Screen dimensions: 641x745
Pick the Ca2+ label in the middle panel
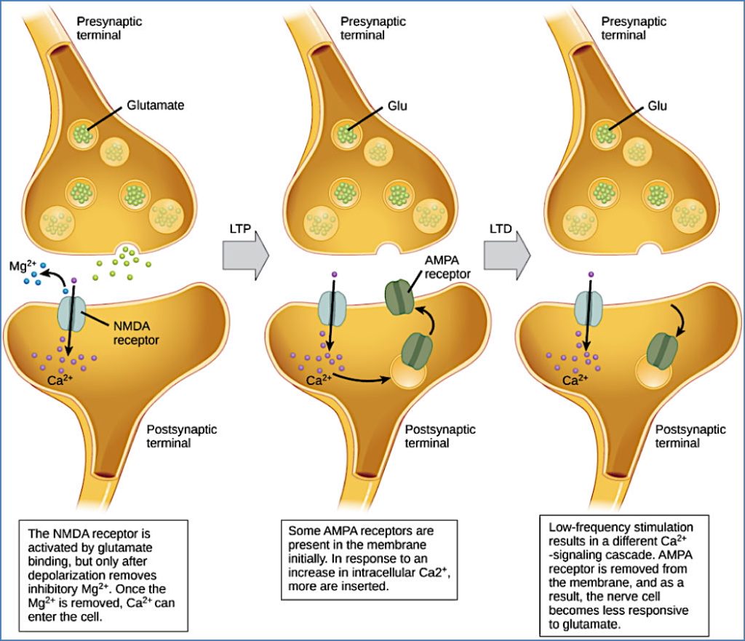[x=316, y=380]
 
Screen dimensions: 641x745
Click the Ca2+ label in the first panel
[x=56, y=380]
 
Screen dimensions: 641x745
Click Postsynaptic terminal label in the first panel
[x=182, y=436]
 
